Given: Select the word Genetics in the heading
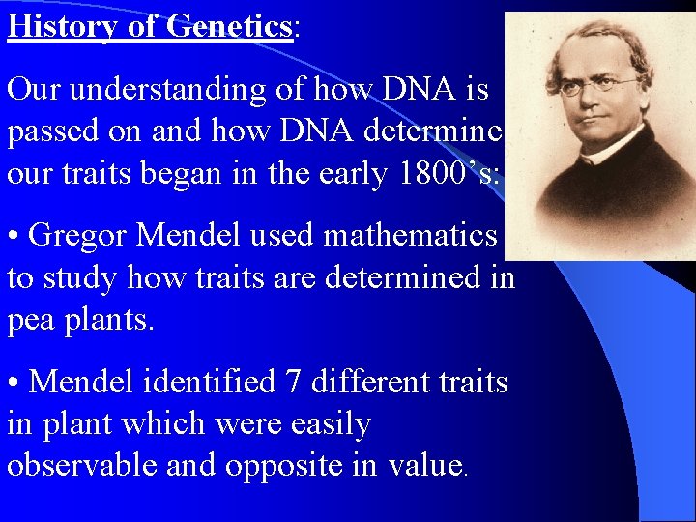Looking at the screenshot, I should pos(229,25).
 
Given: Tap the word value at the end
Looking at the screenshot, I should pos(424,465).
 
